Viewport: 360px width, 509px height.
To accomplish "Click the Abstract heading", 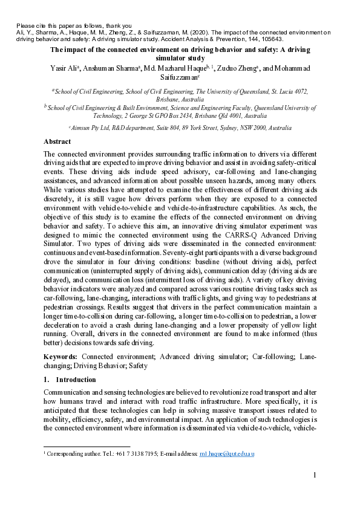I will tap(57, 141).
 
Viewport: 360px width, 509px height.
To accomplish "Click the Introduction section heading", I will tap(75, 380).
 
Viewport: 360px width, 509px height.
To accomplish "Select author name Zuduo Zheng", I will tap(240, 68).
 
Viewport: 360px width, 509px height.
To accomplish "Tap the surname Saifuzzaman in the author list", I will tap(180, 77).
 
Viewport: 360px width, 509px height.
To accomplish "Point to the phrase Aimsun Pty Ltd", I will tap(91, 128).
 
